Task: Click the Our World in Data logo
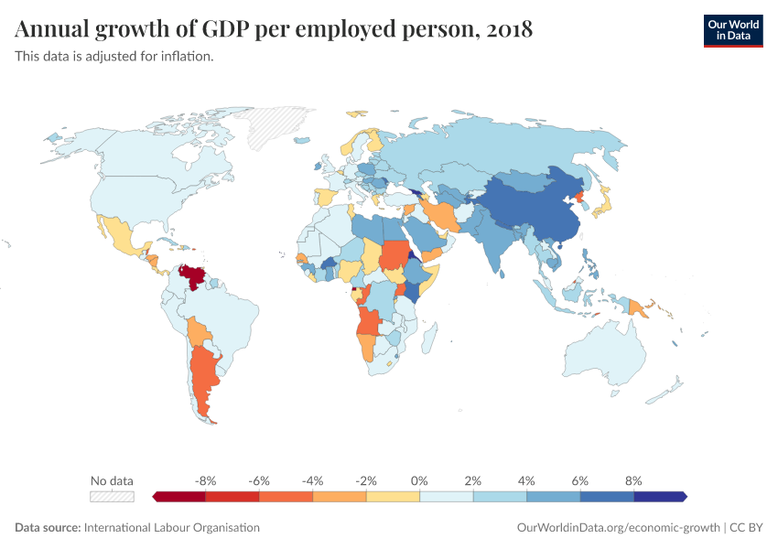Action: tap(732, 30)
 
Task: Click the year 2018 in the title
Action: tap(509, 30)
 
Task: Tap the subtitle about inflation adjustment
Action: tap(114, 57)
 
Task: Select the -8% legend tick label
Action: tap(206, 480)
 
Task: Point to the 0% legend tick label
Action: tap(419, 480)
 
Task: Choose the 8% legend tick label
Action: tap(633, 480)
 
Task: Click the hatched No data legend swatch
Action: tap(112, 496)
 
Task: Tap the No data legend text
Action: tap(112, 480)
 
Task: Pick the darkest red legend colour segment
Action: tap(180, 496)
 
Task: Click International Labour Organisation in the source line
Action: tap(171, 528)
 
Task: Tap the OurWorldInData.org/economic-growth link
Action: tap(618, 528)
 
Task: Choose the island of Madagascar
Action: tap(427, 343)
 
